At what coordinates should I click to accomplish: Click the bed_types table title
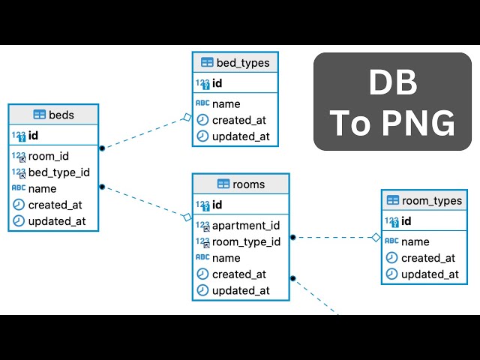click(x=242, y=62)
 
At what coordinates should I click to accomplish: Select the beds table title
click(x=61, y=115)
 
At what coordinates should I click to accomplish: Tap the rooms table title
click(x=248, y=184)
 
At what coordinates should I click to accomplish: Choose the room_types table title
click(x=432, y=200)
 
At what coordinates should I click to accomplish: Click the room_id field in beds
click(x=49, y=156)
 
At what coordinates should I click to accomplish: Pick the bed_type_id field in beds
click(x=58, y=172)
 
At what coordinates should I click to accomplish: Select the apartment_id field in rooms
click(x=246, y=225)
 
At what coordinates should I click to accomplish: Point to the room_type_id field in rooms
click(x=246, y=241)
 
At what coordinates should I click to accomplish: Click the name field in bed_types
click(x=226, y=103)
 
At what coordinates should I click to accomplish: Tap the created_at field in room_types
click(x=427, y=258)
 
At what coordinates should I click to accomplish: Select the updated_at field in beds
click(x=57, y=221)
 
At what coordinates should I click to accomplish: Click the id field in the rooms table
click(x=217, y=205)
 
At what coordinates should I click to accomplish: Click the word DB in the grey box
click(x=393, y=84)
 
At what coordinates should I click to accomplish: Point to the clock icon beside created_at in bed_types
click(x=202, y=120)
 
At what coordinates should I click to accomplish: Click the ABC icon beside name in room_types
click(x=391, y=241)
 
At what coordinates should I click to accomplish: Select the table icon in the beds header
click(x=40, y=115)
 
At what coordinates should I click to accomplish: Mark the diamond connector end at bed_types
click(x=187, y=116)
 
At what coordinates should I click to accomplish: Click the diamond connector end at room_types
click(x=376, y=238)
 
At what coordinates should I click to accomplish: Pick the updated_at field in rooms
click(x=241, y=290)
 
